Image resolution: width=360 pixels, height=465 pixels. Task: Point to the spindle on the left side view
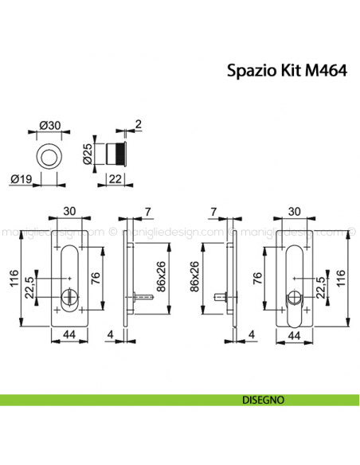[143, 297]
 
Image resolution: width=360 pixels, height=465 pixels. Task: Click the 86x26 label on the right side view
[195, 276]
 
